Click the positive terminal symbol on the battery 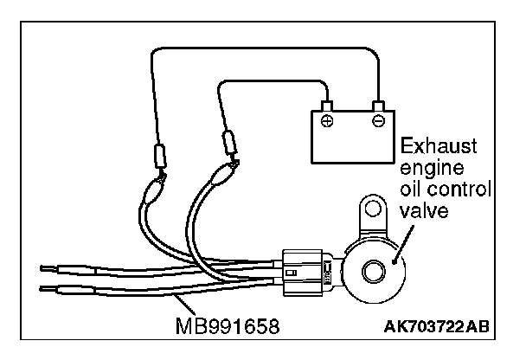[x=327, y=118]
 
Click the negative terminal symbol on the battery [x=377, y=118]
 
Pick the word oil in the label [x=411, y=188]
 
